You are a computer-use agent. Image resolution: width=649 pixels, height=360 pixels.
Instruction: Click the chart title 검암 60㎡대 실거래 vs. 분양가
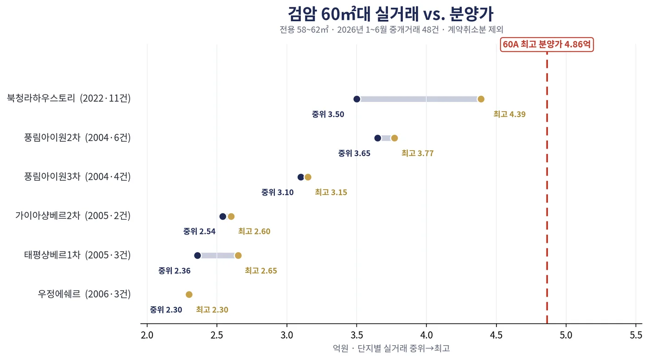click(x=390, y=14)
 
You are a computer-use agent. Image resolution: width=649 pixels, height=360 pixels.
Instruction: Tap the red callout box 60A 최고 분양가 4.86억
click(x=547, y=44)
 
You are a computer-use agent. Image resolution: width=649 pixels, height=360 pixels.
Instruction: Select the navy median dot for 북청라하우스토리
click(x=356, y=99)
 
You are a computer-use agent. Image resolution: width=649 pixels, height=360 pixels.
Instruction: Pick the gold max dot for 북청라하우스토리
click(x=481, y=99)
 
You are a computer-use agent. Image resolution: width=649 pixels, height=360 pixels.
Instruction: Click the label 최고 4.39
click(x=509, y=114)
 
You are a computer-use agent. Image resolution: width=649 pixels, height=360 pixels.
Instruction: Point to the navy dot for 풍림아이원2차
click(x=377, y=138)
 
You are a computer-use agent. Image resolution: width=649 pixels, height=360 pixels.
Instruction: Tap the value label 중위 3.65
click(x=354, y=153)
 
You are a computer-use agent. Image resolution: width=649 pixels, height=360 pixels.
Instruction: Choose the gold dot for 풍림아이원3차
click(x=308, y=177)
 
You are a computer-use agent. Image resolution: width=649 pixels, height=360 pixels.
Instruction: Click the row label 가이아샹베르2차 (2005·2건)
click(x=73, y=216)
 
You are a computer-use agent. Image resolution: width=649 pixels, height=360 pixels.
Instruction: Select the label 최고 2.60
click(x=254, y=231)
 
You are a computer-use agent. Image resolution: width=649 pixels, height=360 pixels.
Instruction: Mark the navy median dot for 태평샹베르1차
click(x=197, y=255)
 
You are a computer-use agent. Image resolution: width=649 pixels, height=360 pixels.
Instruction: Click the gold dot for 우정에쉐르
click(x=189, y=295)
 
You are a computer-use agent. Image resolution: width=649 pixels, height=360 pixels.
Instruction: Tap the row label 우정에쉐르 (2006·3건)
click(x=84, y=294)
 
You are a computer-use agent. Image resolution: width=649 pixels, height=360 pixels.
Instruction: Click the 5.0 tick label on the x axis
click(x=566, y=335)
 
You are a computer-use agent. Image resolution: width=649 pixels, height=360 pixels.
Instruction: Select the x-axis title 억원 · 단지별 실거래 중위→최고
click(x=391, y=348)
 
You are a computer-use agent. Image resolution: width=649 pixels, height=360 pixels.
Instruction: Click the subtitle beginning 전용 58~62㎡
click(x=391, y=30)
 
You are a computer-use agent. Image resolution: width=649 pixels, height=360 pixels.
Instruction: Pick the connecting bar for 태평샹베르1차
click(x=217, y=255)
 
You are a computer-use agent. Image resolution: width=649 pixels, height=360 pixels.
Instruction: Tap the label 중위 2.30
click(x=166, y=310)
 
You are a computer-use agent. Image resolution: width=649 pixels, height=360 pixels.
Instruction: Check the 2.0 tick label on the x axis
click(x=147, y=335)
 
